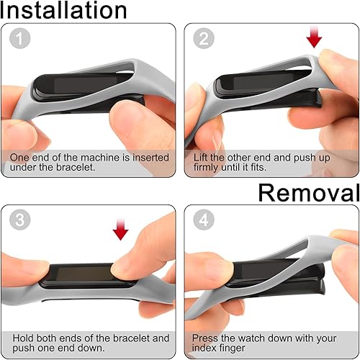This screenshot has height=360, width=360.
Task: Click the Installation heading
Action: (x=63, y=10)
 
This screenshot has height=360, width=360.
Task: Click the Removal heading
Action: (x=309, y=192)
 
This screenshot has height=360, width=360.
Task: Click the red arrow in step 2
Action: (x=314, y=37)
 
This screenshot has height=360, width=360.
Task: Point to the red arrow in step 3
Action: (x=121, y=229)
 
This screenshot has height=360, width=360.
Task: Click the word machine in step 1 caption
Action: (x=89, y=157)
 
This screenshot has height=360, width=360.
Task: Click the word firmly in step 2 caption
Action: (x=210, y=168)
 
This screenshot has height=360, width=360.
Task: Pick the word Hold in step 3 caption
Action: (x=22, y=338)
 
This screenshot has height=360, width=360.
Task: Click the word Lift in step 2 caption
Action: (x=202, y=157)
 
